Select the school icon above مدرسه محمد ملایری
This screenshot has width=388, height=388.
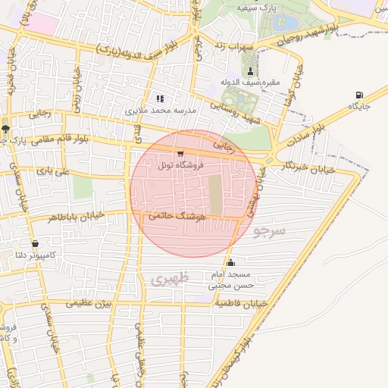(x=159, y=99)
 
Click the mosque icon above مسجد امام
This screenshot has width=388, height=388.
(x=231, y=262)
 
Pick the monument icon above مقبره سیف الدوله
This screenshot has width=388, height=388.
(x=250, y=70)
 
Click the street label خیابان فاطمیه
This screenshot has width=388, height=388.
(x=242, y=303)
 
